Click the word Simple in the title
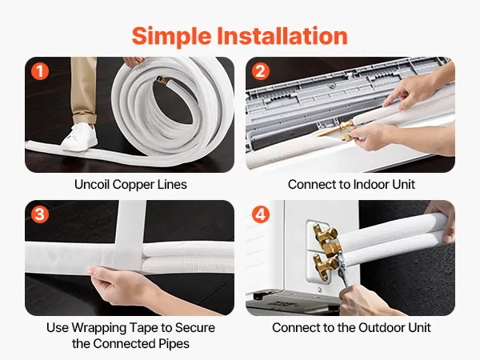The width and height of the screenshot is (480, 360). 171,37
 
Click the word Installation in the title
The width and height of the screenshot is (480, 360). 282,35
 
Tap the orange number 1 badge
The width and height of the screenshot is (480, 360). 40,71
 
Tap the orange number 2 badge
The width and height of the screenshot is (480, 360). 261,71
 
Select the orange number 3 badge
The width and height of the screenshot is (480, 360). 40,214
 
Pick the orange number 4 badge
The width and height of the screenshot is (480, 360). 261,214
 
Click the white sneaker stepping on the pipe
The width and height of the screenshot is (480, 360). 79,137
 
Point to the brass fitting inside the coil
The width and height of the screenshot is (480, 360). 162,80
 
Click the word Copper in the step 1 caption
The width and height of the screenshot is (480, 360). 133,185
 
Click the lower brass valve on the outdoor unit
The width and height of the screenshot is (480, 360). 325,265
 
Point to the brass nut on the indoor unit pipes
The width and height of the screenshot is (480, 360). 346,125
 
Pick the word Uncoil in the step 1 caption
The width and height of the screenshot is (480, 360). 92,185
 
